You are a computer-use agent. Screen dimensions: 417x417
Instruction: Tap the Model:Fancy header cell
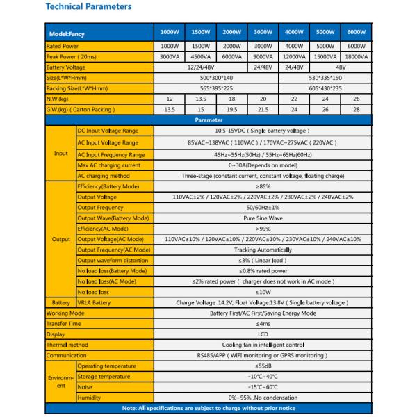click(x=67, y=33)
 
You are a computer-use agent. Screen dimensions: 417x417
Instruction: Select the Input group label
click(x=60, y=154)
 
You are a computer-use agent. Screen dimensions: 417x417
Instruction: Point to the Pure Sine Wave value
click(x=263, y=218)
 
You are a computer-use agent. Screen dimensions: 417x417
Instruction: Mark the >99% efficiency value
click(x=263, y=229)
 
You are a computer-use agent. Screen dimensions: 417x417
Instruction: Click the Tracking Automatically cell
click(x=263, y=250)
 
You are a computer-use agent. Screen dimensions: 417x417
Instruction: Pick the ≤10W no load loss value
click(x=263, y=291)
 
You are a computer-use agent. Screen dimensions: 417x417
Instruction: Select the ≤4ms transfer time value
click(x=263, y=323)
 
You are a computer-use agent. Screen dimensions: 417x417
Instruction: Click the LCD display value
click(x=263, y=334)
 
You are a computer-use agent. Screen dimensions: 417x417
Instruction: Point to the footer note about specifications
click(x=208, y=407)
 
